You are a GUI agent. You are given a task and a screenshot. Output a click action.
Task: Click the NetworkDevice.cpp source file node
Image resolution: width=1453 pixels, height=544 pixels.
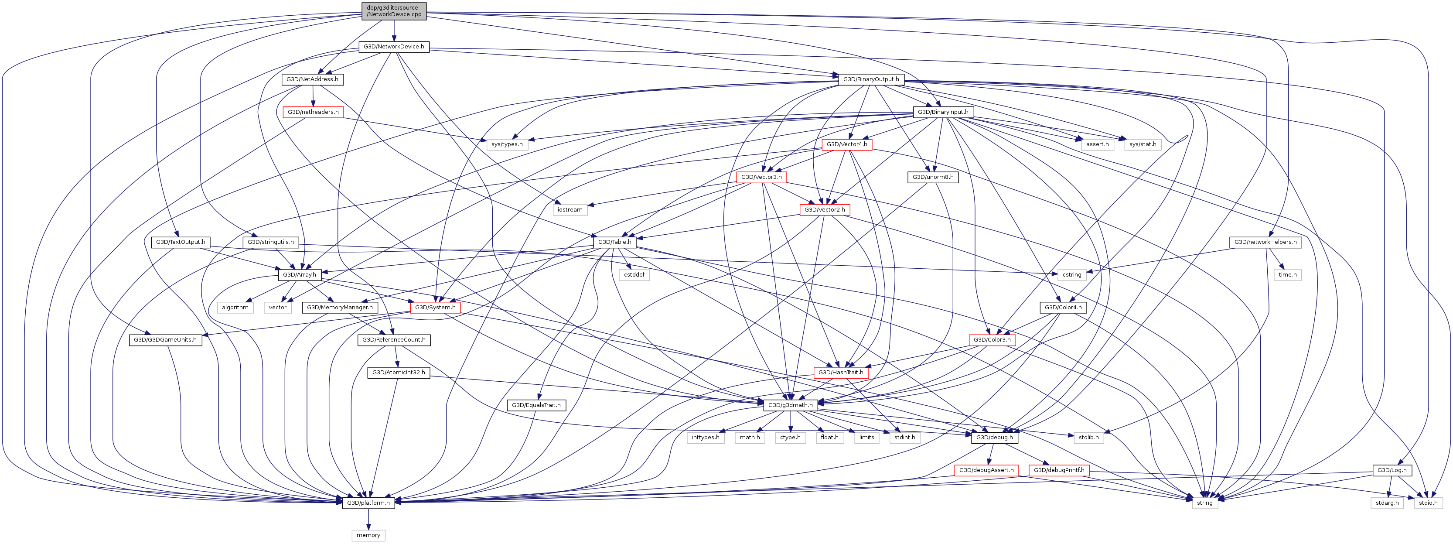pyautogui.click(x=394, y=11)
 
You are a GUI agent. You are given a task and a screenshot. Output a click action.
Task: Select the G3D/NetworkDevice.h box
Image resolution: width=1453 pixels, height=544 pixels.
pyautogui.click(x=394, y=47)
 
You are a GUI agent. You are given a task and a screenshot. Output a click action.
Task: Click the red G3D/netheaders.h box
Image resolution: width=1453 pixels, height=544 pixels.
pyautogui.click(x=313, y=112)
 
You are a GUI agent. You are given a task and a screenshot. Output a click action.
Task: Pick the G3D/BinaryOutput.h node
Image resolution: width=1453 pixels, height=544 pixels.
pyautogui.click(x=871, y=79)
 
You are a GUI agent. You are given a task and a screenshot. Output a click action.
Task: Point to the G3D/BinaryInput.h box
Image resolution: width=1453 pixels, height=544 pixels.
pyautogui.click(x=942, y=112)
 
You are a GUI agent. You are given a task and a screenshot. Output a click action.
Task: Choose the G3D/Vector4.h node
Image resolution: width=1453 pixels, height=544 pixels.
pyautogui.click(x=847, y=144)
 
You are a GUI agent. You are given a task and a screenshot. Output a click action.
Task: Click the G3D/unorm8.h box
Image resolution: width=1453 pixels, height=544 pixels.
pyautogui.click(x=933, y=177)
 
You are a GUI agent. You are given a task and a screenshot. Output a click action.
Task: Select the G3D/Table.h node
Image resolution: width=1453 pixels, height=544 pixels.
pyautogui.click(x=615, y=242)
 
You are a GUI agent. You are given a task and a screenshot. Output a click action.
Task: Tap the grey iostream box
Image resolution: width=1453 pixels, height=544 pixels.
pyautogui.click(x=570, y=210)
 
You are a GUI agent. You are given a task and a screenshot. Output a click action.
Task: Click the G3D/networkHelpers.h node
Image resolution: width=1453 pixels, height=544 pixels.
pyautogui.click(x=1265, y=242)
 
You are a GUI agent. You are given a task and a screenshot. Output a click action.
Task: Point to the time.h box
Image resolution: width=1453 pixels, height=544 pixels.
pyautogui.click(x=1287, y=275)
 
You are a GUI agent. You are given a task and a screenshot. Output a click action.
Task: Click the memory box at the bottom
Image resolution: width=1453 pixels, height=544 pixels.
pyautogui.click(x=368, y=535)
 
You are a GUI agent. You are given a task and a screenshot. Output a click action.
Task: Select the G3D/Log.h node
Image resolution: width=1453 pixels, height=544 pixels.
pyautogui.click(x=1392, y=470)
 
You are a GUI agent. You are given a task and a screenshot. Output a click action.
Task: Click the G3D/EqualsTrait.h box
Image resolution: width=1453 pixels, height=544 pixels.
pyautogui.click(x=536, y=405)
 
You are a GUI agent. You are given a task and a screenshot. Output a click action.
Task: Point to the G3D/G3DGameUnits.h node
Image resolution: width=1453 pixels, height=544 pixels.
pyautogui.click(x=165, y=340)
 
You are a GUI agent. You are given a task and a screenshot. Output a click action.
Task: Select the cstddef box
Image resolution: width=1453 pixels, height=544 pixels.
pyautogui.click(x=634, y=275)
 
